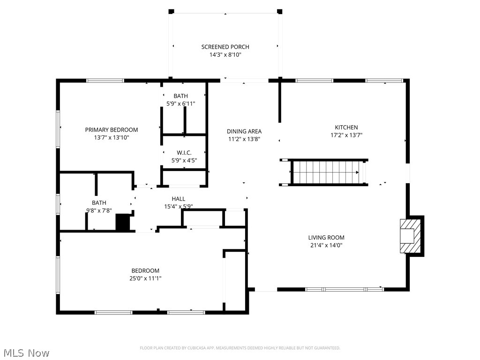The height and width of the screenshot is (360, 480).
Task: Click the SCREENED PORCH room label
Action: [225, 47]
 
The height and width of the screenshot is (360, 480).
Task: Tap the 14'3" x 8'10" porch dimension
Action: [225, 55]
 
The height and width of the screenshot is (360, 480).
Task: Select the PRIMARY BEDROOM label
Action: [112, 130]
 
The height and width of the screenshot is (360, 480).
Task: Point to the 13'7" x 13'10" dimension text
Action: [112, 138]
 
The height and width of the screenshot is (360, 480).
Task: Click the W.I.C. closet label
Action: [184, 152]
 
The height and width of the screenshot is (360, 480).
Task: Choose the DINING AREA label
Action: [244, 131]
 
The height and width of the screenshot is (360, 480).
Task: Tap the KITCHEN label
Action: [346, 127]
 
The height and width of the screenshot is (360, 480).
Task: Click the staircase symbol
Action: [326, 172]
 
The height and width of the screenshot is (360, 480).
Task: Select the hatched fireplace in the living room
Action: [407, 236]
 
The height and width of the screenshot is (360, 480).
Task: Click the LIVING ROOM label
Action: [326, 238]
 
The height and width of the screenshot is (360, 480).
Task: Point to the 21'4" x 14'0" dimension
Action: [326, 245]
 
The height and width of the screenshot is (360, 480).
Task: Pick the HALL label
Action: [178, 199]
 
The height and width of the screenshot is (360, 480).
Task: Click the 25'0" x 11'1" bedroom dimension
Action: [145, 278]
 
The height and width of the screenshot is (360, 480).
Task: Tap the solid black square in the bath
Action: [122, 222]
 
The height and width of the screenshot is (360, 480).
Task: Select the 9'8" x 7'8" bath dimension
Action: [99, 210]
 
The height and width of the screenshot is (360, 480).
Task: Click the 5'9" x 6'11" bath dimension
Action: [180, 104]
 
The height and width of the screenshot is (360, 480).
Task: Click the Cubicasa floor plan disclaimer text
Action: [240, 348]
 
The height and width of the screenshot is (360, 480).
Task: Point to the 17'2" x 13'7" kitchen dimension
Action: [346, 135]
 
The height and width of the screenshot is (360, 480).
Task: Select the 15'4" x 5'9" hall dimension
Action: [178, 206]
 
